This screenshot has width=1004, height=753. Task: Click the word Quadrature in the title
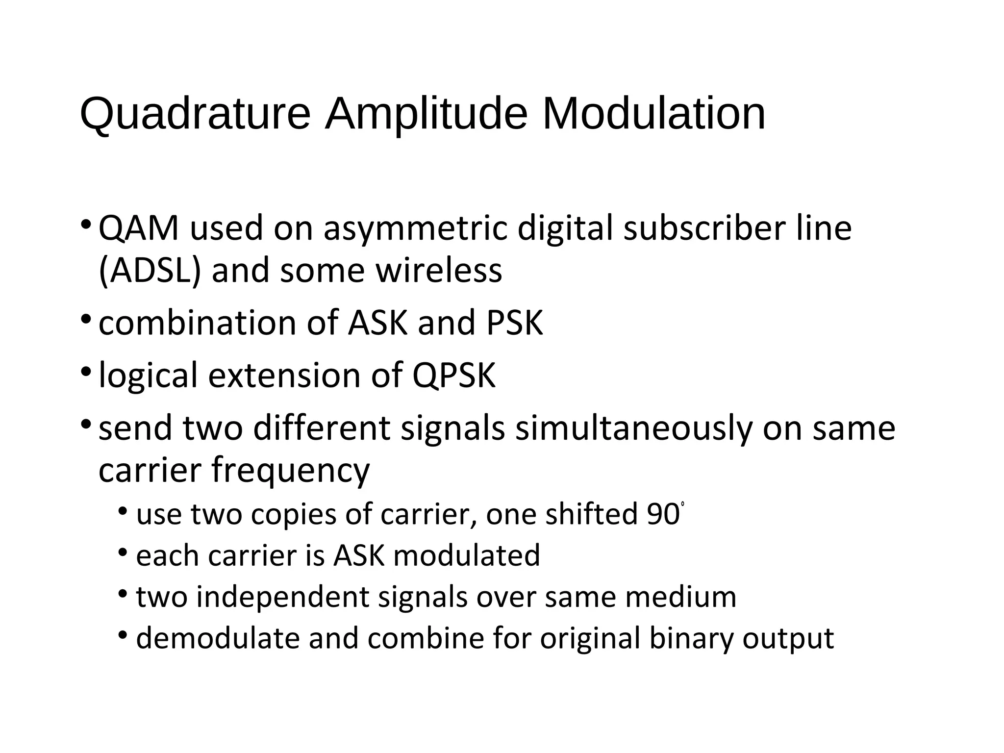click(x=195, y=114)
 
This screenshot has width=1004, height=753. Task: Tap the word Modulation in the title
click(x=653, y=114)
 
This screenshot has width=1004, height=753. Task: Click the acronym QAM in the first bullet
click(x=139, y=228)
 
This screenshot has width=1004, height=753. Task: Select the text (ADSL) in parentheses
click(x=150, y=271)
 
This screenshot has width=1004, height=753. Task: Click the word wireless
click(x=439, y=271)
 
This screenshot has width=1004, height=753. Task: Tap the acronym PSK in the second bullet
click(x=514, y=323)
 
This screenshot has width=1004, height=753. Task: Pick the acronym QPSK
click(x=454, y=376)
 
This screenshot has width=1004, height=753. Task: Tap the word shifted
click(x=591, y=514)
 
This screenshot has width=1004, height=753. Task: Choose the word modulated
click(x=466, y=555)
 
